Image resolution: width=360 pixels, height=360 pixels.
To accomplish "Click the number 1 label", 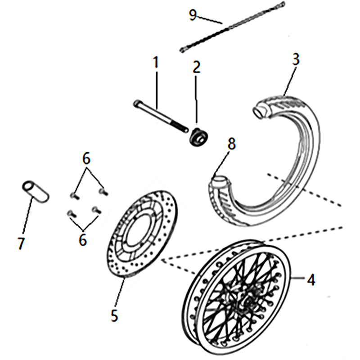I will [x=156, y=63].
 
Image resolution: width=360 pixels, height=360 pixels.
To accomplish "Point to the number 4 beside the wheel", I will [x=310, y=279].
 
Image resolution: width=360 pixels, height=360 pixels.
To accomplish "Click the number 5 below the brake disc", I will [x=115, y=315].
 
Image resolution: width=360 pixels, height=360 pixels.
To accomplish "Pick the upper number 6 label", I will [x=86, y=158].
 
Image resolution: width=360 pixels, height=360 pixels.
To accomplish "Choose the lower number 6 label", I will [x=83, y=239].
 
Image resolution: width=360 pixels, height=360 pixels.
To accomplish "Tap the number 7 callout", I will [x=21, y=243].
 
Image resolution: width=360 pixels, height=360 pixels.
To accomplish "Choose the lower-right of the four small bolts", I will [x=95, y=210].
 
